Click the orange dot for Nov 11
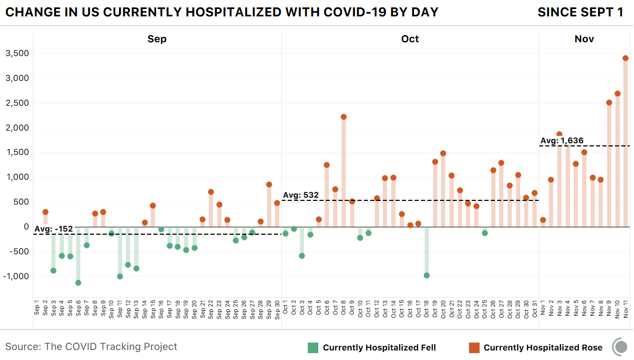(626, 58)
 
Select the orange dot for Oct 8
(344, 117)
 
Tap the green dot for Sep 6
(78, 283)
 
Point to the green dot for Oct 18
(427, 275)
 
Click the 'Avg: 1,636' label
(562, 141)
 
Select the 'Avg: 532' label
(301, 195)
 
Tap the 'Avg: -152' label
(53, 229)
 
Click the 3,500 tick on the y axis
(17, 53)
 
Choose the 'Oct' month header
(410, 39)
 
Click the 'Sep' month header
(157, 39)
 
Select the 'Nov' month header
(584, 39)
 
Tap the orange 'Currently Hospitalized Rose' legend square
(474, 347)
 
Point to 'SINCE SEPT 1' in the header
(580, 12)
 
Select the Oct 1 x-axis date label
(286, 307)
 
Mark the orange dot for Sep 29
(269, 184)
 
